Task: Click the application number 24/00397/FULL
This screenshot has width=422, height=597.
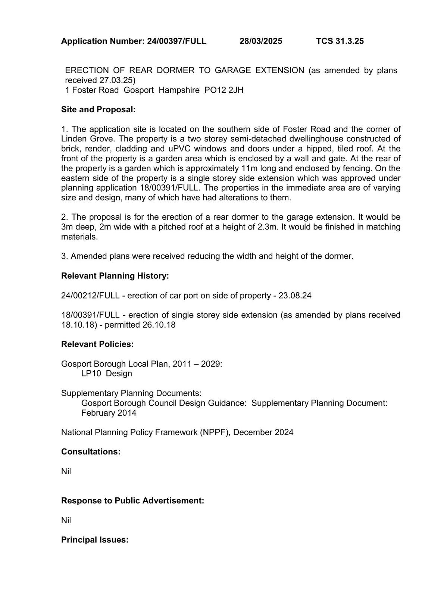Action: point(176,41)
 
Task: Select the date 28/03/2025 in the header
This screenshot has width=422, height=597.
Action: point(261,41)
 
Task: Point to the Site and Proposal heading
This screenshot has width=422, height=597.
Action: point(98,110)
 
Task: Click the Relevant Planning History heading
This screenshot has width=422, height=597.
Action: point(115,276)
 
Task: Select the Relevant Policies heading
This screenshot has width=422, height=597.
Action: point(97,344)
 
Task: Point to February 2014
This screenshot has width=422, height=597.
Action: point(109,413)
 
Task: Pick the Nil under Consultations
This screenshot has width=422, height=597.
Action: point(66,472)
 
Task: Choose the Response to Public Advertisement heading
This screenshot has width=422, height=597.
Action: point(132,501)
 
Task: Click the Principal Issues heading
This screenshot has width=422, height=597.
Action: point(95,540)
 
